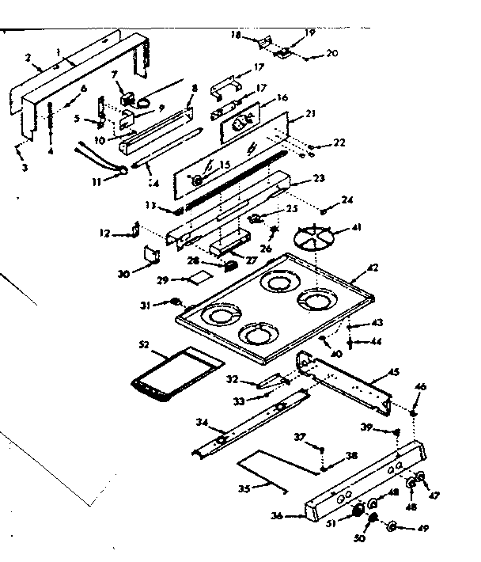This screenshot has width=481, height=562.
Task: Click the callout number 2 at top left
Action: point(28,58)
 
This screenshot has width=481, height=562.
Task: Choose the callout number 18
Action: point(236,36)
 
